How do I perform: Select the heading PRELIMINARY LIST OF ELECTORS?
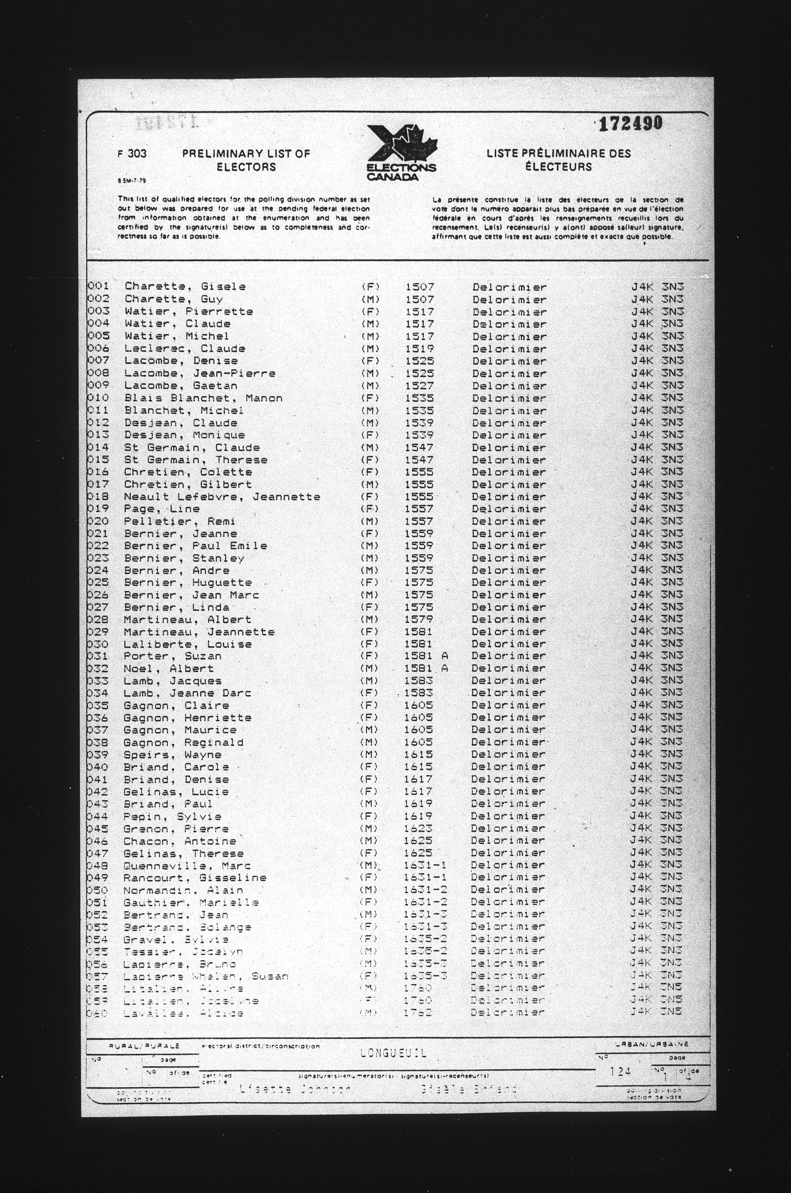click(x=246, y=160)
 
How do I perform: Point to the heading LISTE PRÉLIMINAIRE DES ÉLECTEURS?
click(x=558, y=160)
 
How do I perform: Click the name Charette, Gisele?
click(x=185, y=286)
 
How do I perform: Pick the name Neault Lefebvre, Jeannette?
click(x=222, y=497)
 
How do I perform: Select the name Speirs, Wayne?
click(x=173, y=755)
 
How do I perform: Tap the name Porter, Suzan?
click(x=173, y=656)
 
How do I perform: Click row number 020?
click(x=98, y=521)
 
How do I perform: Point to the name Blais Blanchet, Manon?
click(x=203, y=398)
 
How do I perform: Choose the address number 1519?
click(x=419, y=348)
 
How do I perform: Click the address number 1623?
click(x=418, y=828)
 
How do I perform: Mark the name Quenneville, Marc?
click(x=187, y=866)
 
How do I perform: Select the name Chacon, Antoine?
click(x=180, y=841)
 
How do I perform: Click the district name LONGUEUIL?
click(x=393, y=1053)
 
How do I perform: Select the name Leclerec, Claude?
click(x=185, y=348)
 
